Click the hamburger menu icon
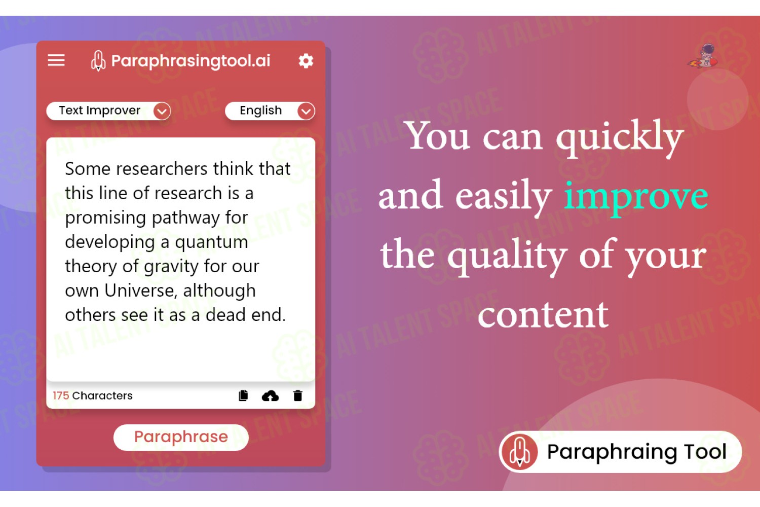tap(56, 60)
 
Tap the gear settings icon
tap(306, 61)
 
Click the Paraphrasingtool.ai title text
tap(191, 61)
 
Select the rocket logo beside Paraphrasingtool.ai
tap(98, 61)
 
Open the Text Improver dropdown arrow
tap(162, 111)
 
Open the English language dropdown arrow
tap(306, 111)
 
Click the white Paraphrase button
tap(181, 438)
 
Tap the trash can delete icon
tap(297, 395)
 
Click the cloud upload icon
tap(270, 396)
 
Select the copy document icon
tap(243, 395)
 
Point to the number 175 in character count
tap(61, 395)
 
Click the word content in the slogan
tap(543, 315)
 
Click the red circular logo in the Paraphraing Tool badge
tap(519, 452)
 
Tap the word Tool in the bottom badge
tap(705, 452)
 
